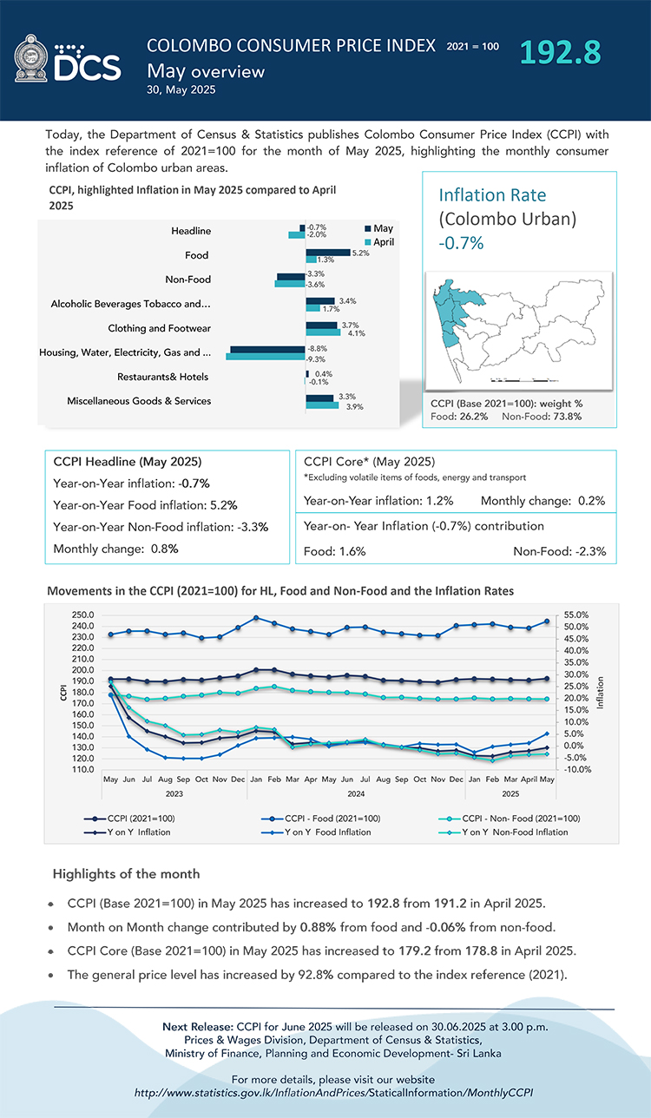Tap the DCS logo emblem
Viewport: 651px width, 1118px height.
click(32, 58)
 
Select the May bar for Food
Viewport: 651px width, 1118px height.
click(327, 253)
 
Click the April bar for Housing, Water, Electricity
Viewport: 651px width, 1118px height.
click(266, 357)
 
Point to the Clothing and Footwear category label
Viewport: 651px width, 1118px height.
click(160, 328)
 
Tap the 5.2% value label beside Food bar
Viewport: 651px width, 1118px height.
click(361, 253)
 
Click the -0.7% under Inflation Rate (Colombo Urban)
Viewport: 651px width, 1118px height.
click(461, 243)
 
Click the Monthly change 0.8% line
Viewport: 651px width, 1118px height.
click(116, 549)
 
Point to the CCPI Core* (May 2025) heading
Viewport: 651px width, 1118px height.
click(369, 461)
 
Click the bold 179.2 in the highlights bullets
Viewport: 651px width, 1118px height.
click(369, 950)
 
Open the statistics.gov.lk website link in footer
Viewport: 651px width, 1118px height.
click(333, 1092)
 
